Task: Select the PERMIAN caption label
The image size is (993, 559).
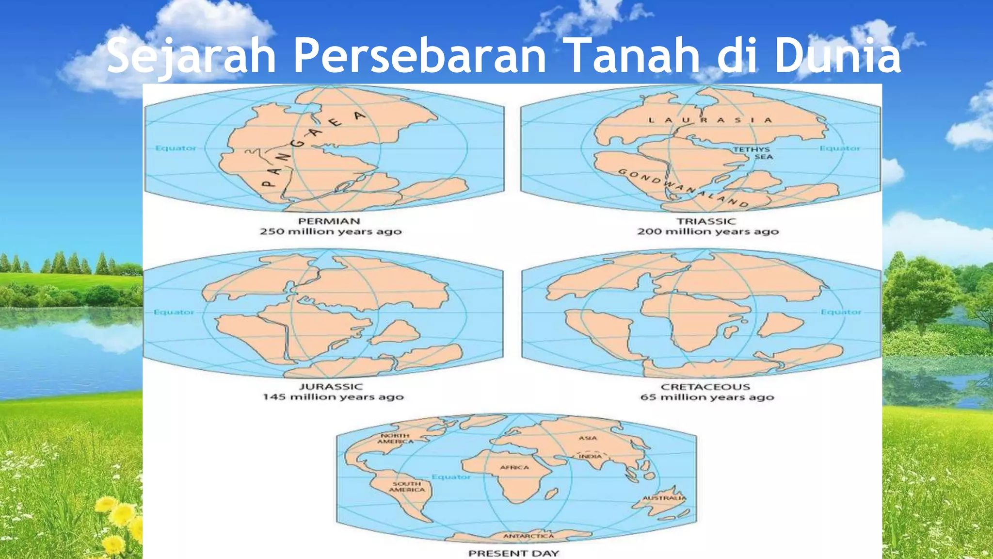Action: [329, 221]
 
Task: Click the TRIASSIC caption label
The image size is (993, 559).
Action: [706, 221]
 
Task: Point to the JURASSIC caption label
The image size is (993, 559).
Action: [331, 387]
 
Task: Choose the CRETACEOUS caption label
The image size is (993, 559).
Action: [705, 387]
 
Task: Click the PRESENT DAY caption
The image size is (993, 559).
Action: [513, 553]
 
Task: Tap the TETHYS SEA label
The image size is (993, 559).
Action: [752, 153]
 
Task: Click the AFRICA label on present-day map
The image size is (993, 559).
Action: [514, 467]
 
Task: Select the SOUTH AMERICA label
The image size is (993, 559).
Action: [407, 487]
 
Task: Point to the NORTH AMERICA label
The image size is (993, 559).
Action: [395, 439]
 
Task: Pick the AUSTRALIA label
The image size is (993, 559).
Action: [664, 498]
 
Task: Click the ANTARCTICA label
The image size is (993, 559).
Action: [529, 536]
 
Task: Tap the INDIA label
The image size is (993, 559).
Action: [590, 456]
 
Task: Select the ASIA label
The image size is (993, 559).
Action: [588, 438]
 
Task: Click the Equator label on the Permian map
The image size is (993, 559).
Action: [176, 148]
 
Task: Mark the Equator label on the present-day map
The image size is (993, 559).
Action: [451, 477]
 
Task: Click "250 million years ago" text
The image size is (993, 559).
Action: [331, 231]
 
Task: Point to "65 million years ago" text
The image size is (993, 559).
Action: [707, 397]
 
